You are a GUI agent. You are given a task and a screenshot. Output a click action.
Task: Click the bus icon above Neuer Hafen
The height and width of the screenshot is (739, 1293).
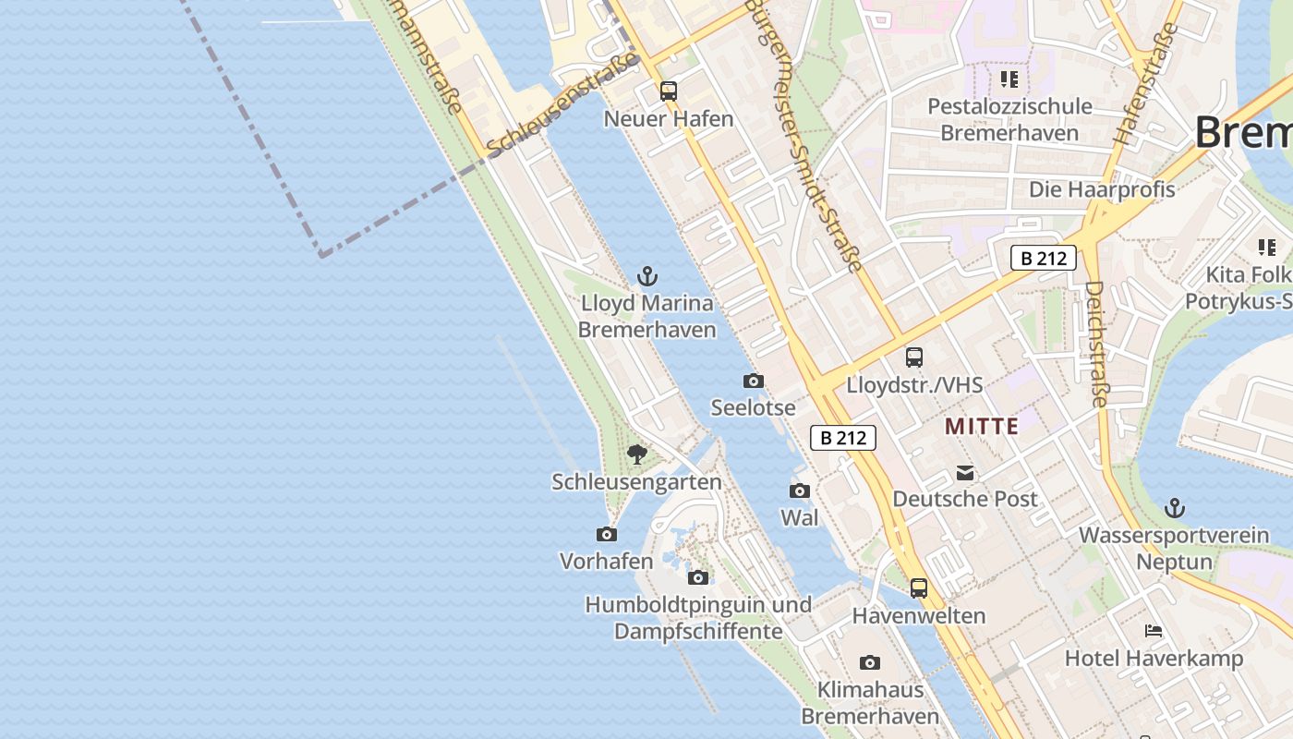pos(669,91)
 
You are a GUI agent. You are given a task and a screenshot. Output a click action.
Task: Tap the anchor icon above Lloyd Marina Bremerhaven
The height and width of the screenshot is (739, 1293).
pos(647,276)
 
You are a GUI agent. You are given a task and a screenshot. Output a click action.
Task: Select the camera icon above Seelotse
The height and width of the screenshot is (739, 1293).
pos(754,381)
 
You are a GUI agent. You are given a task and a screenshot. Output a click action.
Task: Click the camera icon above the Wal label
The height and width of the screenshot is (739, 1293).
pos(800,491)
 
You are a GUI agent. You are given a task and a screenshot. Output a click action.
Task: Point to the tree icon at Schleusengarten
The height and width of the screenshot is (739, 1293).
pos(636,454)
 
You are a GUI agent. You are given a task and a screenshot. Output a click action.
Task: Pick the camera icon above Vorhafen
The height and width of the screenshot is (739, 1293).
pos(607,534)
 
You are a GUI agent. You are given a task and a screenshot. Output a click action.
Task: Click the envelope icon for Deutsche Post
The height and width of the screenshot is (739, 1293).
pos(965,473)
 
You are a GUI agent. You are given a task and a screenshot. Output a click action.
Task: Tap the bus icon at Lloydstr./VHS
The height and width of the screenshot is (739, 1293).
pos(914,357)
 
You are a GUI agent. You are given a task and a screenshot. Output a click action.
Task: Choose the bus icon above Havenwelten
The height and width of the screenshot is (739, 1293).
pos(919,588)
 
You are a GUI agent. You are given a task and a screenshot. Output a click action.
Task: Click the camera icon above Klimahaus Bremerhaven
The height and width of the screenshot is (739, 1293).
pos(870,662)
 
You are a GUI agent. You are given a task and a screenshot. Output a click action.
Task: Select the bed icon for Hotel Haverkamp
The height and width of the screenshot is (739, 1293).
pos(1154,631)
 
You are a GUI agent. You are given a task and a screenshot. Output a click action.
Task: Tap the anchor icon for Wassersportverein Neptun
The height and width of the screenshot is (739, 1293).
pos(1175,508)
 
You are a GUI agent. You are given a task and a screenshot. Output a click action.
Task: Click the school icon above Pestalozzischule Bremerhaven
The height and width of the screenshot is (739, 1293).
pos(1009,79)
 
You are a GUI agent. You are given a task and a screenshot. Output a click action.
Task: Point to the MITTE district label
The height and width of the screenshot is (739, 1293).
pos(982,427)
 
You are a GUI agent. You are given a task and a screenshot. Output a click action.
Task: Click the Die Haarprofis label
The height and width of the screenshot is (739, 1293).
pos(1102,189)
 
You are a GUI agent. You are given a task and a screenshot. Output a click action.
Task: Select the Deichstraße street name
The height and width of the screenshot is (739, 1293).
pos(1096,344)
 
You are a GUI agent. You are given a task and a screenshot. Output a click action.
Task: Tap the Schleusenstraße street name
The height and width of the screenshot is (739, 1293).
pos(563,104)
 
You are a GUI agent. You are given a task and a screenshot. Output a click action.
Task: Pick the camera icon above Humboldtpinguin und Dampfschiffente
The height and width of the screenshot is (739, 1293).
pos(698,577)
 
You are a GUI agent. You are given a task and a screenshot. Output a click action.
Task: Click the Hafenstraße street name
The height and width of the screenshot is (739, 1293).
pos(1145,83)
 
